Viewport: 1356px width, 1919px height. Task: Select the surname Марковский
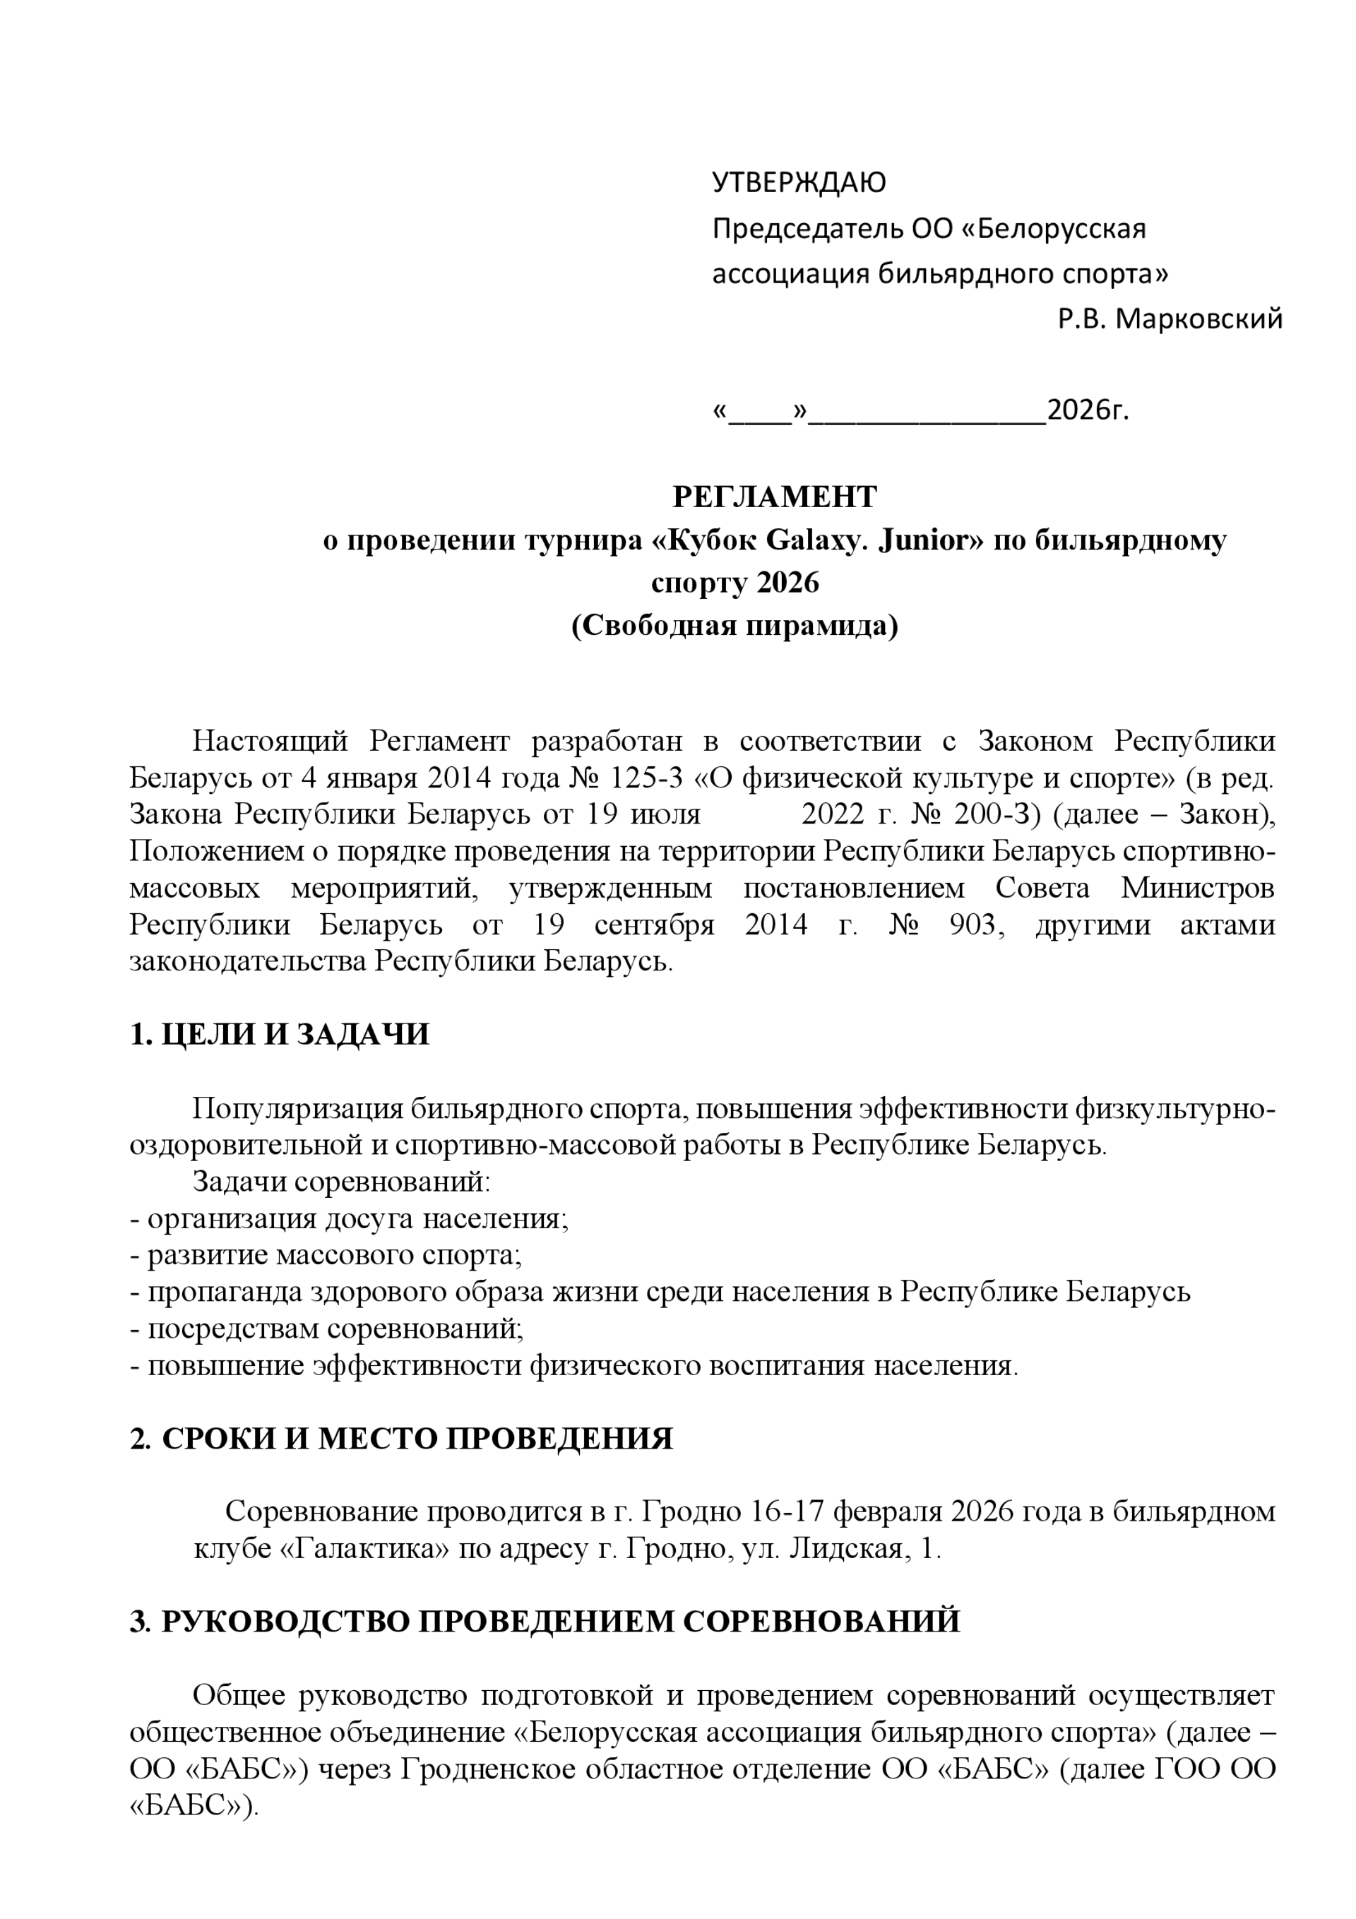(x=1199, y=319)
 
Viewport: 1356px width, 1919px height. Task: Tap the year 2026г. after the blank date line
(x=1088, y=410)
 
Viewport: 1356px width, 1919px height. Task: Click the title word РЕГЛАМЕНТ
(x=774, y=497)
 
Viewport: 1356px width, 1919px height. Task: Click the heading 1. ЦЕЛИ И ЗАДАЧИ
(x=279, y=1035)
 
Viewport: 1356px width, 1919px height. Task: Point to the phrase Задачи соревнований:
(x=341, y=1182)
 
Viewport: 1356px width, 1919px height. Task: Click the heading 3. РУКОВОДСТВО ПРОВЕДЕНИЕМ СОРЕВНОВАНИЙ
(x=545, y=1622)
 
